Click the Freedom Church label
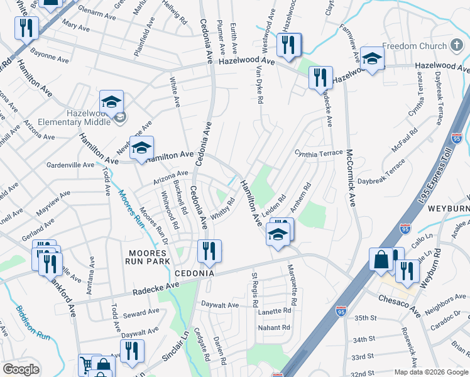click(x=413, y=46)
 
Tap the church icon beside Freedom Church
click(x=457, y=46)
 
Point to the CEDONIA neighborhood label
click(x=195, y=273)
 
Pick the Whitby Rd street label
click(x=222, y=209)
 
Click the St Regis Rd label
click(x=255, y=290)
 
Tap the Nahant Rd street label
click(x=274, y=327)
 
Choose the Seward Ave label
click(x=141, y=312)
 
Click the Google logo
click(x=21, y=369)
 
